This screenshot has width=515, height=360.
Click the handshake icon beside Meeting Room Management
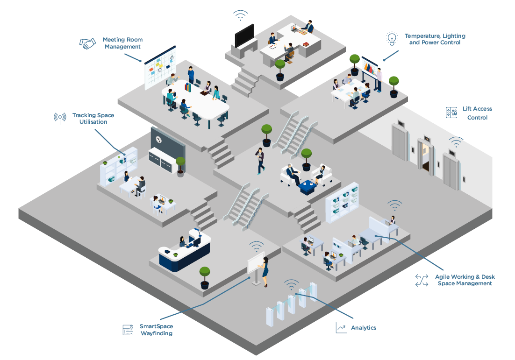(87, 43)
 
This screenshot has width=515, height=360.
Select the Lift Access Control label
(477, 113)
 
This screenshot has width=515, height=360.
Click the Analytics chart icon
(341, 327)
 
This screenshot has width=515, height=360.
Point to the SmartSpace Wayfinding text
(156, 330)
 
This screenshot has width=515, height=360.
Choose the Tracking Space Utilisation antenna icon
(60, 118)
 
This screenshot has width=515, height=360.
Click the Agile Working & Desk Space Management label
(465, 280)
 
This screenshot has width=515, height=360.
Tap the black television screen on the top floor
(244, 35)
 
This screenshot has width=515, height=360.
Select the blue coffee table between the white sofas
(308, 187)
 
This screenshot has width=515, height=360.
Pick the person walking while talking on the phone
(260, 160)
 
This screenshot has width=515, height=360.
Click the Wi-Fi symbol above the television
(241, 15)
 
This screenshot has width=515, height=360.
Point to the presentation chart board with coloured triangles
(370, 68)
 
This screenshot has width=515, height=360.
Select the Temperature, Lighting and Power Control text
(435, 39)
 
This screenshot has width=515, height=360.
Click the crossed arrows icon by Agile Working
(422, 280)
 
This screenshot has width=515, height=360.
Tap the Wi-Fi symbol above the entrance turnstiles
(291, 284)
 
